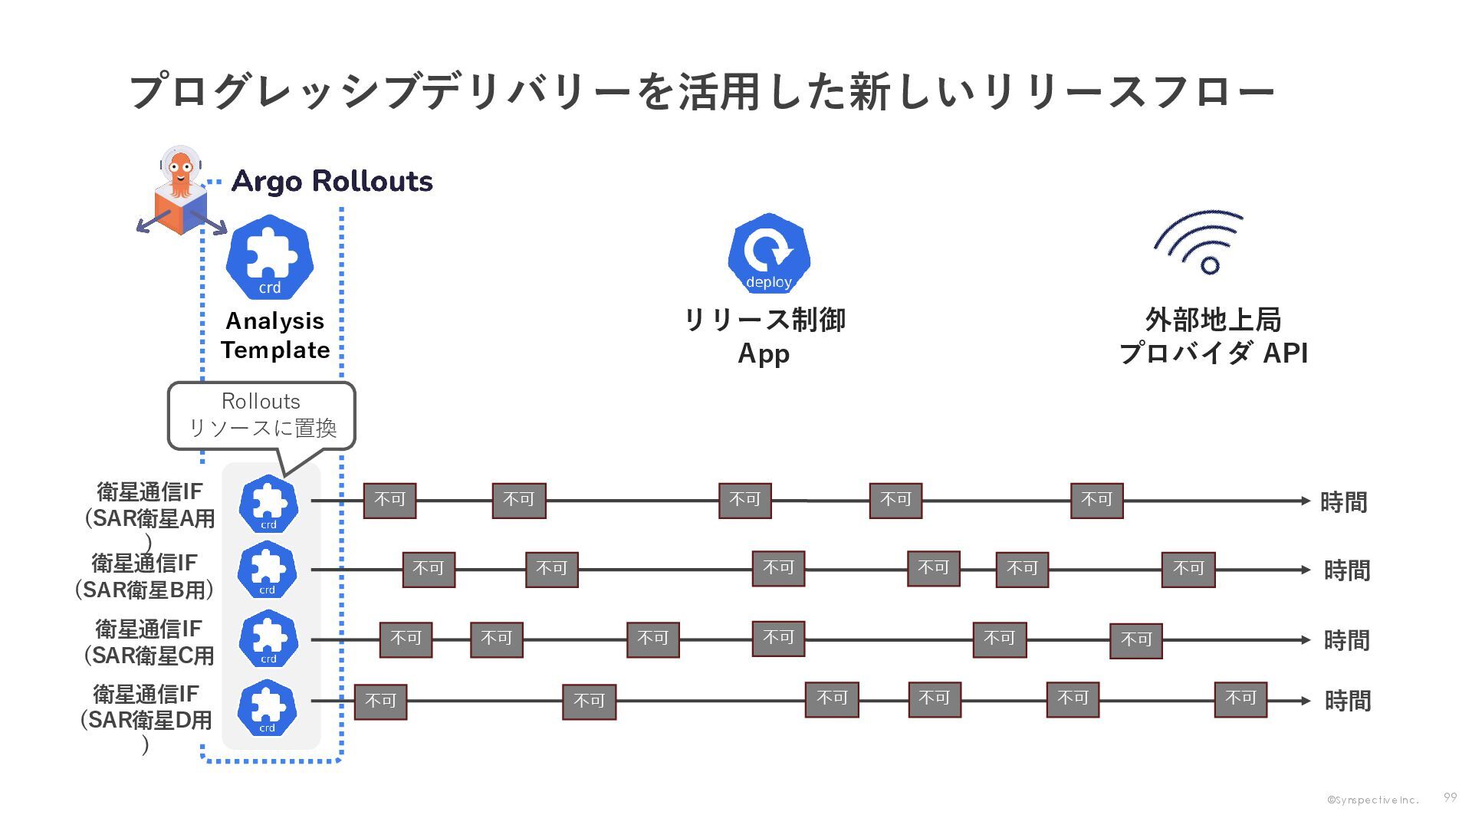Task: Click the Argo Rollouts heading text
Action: pos(331,182)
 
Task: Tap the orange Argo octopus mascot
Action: pos(180,173)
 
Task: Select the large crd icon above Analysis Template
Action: pos(270,258)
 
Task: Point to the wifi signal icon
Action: pos(1200,242)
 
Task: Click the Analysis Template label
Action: pos(275,335)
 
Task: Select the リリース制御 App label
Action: pos(764,336)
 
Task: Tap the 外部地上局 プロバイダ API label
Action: pos(1214,336)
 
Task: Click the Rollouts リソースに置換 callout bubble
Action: pos(261,415)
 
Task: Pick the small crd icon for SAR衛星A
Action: pos(268,504)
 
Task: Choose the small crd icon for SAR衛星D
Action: pos(267,707)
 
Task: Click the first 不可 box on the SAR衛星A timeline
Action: pos(389,501)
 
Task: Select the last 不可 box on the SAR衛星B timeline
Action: pos(1188,570)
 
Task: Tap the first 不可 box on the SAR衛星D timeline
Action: pos(380,701)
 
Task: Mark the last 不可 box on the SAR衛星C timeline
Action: pos(1136,640)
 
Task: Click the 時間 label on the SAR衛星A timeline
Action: pos(1343,502)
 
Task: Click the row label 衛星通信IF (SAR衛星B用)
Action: pos(144,576)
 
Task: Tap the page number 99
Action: pos(1450,797)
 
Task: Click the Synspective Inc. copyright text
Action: pos(1373,800)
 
